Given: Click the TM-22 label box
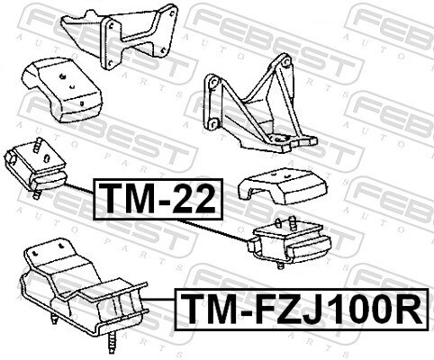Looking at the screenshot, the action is click(x=158, y=199).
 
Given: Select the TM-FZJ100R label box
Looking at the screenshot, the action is click(x=302, y=309).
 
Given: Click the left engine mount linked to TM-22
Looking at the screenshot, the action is click(x=35, y=168).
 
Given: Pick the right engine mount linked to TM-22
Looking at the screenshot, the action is click(x=289, y=241).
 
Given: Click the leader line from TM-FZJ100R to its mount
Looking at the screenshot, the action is click(x=159, y=300).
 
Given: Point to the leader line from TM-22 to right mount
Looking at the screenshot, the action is click(x=213, y=231).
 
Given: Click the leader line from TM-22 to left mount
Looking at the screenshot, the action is click(x=79, y=188).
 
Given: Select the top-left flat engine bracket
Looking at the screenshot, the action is click(x=120, y=36).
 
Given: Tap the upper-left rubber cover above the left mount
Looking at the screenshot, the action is click(x=62, y=90).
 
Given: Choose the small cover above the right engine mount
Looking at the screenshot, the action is click(x=282, y=186).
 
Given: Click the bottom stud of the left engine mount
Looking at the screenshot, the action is click(x=37, y=194).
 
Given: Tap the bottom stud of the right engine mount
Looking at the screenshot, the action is click(x=280, y=265).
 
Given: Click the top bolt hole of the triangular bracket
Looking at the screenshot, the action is click(x=285, y=63).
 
